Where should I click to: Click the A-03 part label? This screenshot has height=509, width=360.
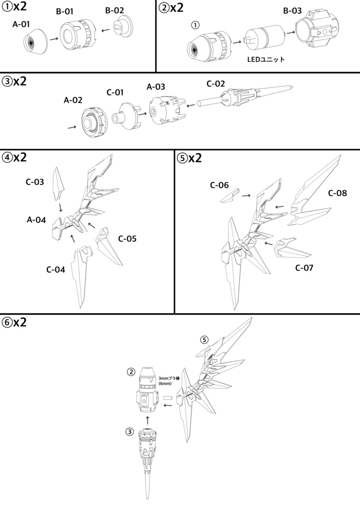pyautogui.click(x=156, y=86)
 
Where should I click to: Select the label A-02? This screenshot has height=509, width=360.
pyautogui.click(x=73, y=99)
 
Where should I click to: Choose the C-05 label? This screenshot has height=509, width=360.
pyautogui.click(x=127, y=239)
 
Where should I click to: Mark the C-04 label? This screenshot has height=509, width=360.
pyautogui.click(x=56, y=270)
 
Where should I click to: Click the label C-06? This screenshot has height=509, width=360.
pyautogui.click(x=219, y=185)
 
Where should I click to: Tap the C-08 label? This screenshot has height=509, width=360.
pyautogui.click(x=338, y=193)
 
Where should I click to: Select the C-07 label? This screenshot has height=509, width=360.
pyautogui.click(x=305, y=267)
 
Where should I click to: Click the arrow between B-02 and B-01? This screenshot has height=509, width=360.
pyautogui.click(x=104, y=31)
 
